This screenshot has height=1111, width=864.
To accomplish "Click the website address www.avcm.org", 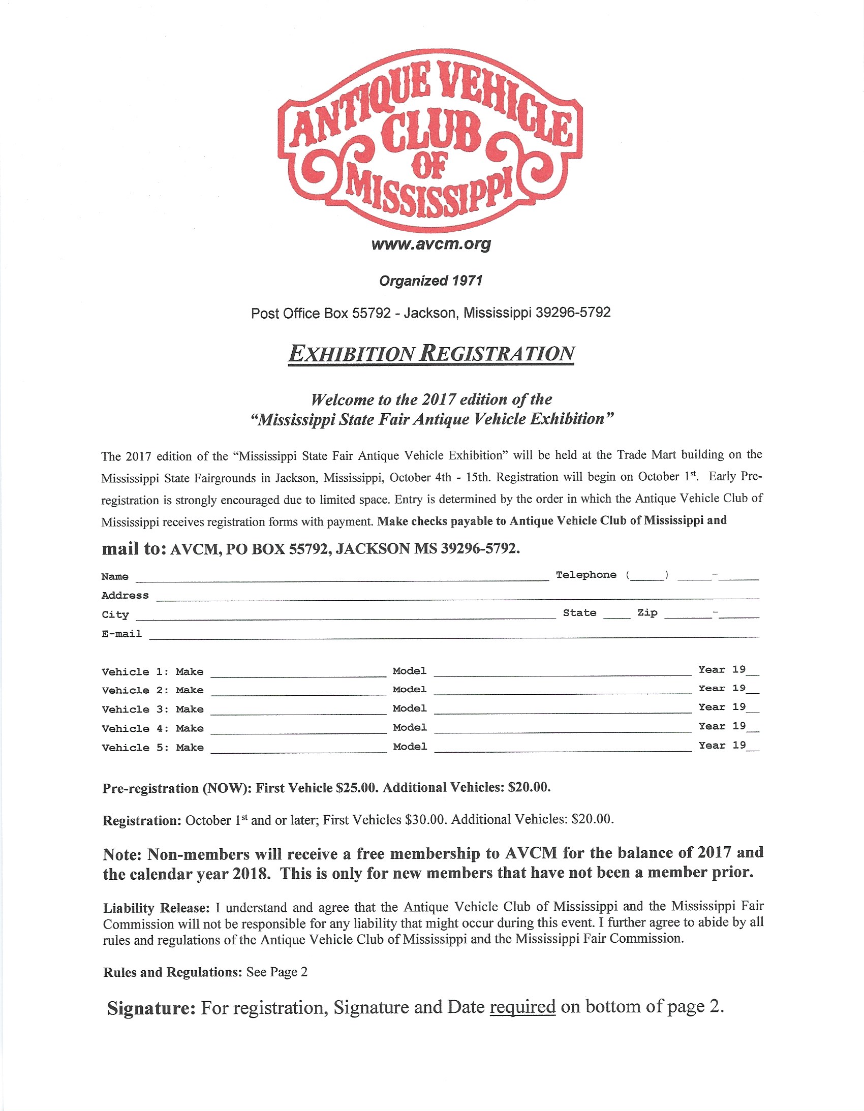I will point(431,244).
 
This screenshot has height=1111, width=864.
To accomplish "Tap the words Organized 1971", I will point(430,281).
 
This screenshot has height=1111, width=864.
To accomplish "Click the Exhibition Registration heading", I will point(431,354).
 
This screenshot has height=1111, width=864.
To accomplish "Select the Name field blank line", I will point(342,577).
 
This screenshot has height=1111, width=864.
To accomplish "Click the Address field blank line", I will point(457,597).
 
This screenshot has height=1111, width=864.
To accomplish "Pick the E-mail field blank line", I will point(453,634).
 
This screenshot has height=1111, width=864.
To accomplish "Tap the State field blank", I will point(616,614).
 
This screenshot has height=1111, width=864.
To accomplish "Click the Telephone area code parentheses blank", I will point(647,576).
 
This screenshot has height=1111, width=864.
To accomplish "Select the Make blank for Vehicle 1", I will point(298,673).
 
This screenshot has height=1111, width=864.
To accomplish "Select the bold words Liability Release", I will point(156,908).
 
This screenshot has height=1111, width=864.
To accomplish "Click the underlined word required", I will point(522,1007).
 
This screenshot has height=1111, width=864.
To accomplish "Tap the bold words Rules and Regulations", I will point(172,972).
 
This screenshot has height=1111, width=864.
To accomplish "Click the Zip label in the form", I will point(647,613).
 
